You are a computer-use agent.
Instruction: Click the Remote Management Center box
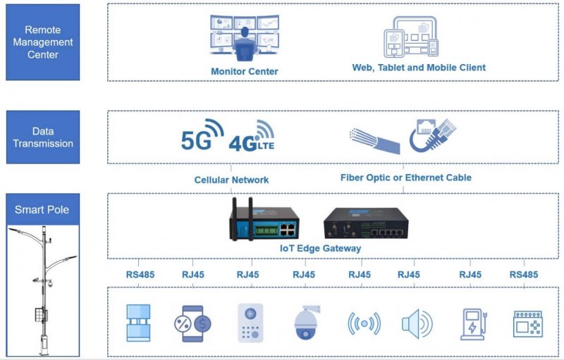pos(43,42)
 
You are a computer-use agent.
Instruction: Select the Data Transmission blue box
pos(43,137)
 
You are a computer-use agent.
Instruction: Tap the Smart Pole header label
pos(43,209)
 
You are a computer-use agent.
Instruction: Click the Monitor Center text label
pos(244,71)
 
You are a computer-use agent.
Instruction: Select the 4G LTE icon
pos(252,136)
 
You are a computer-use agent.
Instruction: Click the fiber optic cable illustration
pos(375,141)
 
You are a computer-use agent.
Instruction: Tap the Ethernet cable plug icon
pos(433,135)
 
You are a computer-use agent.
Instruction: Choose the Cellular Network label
pos(231,180)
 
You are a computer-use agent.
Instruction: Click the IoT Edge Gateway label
pos(320,248)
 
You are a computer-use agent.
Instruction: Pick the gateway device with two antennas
pos(264,219)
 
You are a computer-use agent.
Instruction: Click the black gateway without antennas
pos(366,223)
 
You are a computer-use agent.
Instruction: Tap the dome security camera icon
pos(307,322)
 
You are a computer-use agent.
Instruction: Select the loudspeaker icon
pos(417,323)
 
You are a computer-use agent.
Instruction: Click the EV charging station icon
pos(474,324)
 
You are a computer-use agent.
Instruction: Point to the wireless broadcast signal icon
pos(364,323)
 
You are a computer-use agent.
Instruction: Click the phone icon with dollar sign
pos(192,323)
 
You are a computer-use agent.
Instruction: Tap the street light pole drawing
pos(43,290)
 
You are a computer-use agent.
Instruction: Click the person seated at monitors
pos(245,44)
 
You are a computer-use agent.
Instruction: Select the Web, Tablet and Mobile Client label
pos(419,68)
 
